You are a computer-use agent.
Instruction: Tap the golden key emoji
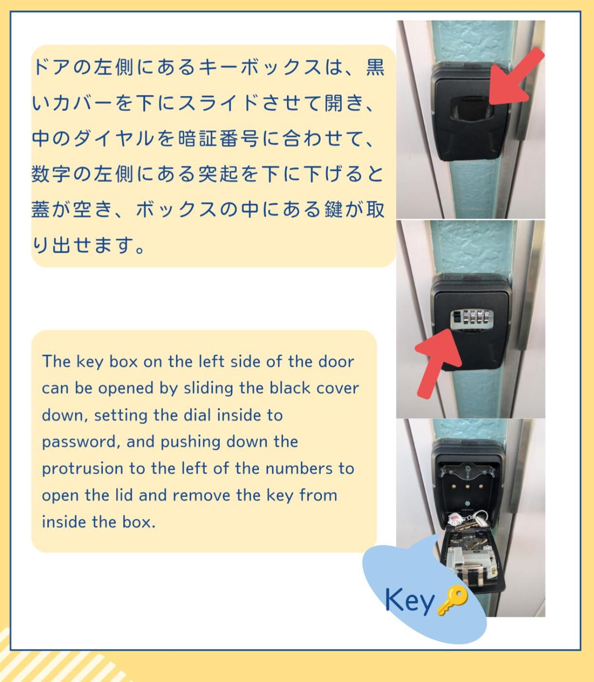(x=452, y=600)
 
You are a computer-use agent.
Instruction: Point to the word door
(x=336, y=362)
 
